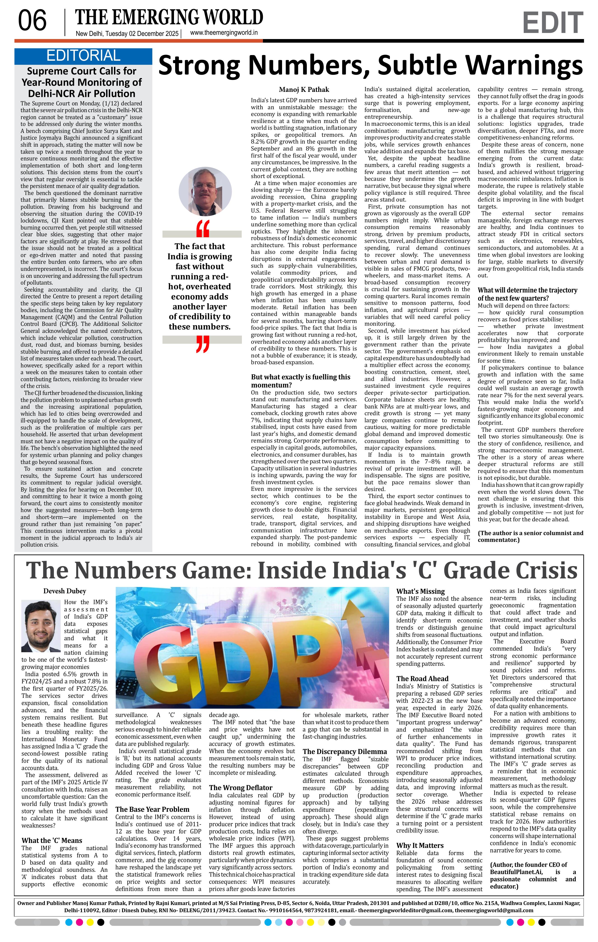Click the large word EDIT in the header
coord(552,23)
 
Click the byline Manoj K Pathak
coord(304,90)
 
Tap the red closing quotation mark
coord(203,344)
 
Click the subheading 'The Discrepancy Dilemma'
coord(345,752)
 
